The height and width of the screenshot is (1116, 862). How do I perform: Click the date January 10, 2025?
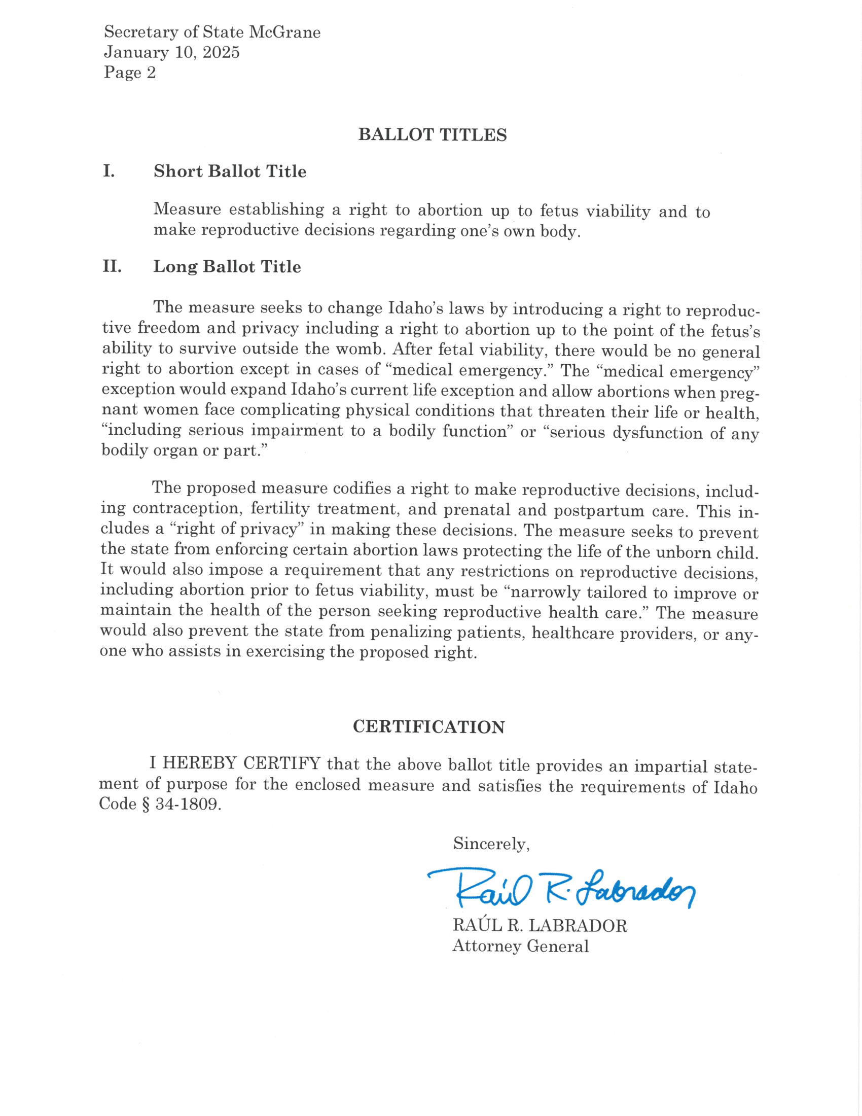[171, 53]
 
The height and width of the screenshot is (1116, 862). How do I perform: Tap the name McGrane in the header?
[285, 32]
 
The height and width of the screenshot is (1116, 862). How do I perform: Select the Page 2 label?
[130, 73]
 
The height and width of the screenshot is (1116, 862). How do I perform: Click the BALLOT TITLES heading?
[432, 135]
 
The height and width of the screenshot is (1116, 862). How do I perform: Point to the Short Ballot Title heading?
[230, 171]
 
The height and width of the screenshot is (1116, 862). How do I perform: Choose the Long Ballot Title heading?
[227, 267]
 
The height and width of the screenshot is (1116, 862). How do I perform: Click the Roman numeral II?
[112, 266]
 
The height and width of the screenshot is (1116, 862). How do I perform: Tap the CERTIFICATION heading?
[428, 726]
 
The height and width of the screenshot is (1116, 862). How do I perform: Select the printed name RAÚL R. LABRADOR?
[540, 925]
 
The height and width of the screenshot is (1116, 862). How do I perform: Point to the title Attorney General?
[520, 946]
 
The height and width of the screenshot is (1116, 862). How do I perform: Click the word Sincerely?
[491, 844]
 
